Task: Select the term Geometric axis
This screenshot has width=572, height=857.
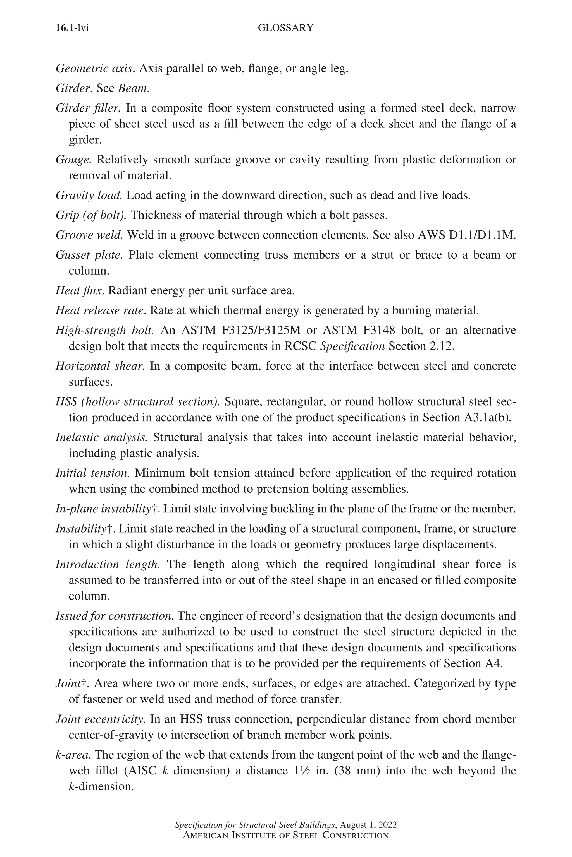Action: pos(95,68)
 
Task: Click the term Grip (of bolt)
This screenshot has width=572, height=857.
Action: pos(91,215)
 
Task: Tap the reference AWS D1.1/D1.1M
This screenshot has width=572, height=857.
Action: pos(467,235)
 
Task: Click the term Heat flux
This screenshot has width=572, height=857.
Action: pos(80,290)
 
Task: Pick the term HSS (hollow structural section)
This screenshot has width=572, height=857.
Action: pos(137,401)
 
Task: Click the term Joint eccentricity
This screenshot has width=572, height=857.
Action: pos(101,719)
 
